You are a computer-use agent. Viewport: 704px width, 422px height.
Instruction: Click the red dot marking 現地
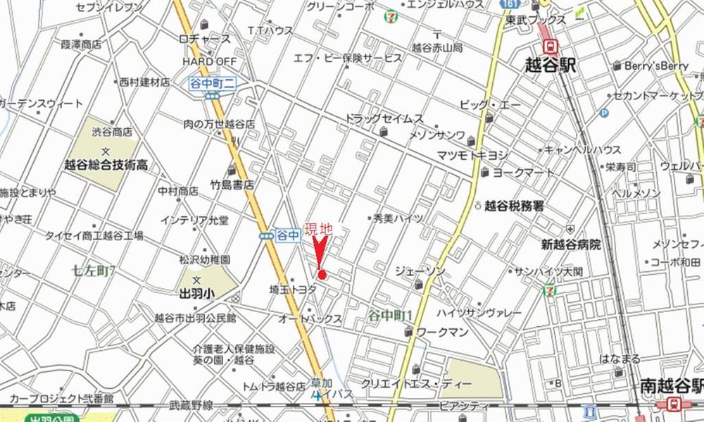click(322, 275)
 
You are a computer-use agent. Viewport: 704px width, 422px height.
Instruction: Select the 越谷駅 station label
click(551, 66)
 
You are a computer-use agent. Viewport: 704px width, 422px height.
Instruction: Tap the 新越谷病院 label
click(571, 244)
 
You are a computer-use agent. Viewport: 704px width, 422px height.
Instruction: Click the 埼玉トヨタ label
click(296, 289)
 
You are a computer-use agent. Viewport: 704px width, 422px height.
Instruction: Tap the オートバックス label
click(310, 319)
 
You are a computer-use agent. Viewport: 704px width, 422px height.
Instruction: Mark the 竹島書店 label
click(232, 185)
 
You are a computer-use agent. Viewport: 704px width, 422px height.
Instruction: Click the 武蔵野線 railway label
click(191, 405)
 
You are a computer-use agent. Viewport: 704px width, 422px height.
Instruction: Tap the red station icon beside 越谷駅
click(550, 46)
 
